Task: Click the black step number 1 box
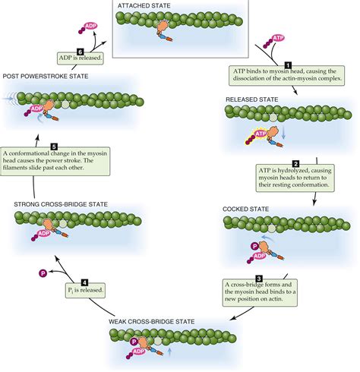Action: pyautogui.click(x=287, y=66)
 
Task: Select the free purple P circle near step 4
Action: pyautogui.click(x=43, y=272)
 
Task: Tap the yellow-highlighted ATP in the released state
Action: pyautogui.click(x=261, y=134)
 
